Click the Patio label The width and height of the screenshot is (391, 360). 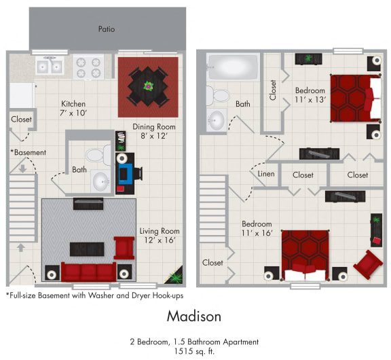pyautogui.click(x=106, y=29)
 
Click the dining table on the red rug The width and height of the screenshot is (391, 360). pyautogui.click(x=148, y=87)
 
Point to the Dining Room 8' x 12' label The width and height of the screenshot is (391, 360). pyautogui.click(x=153, y=131)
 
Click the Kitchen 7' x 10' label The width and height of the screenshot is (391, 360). pyautogui.click(x=71, y=108)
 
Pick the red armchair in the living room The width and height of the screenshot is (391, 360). pyautogui.click(x=124, y=247)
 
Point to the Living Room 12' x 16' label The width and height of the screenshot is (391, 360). pyautogui.click(x=160, y=236)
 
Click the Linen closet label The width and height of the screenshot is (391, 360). pyautogui.click(x=266, y=174)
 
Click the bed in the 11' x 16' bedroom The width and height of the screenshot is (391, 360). pyautogui.click(x=305, y=255)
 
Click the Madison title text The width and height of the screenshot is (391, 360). pyautogui.click(x=193, y=317)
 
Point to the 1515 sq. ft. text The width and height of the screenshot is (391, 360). pyautogui.click(x=194, y=351)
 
